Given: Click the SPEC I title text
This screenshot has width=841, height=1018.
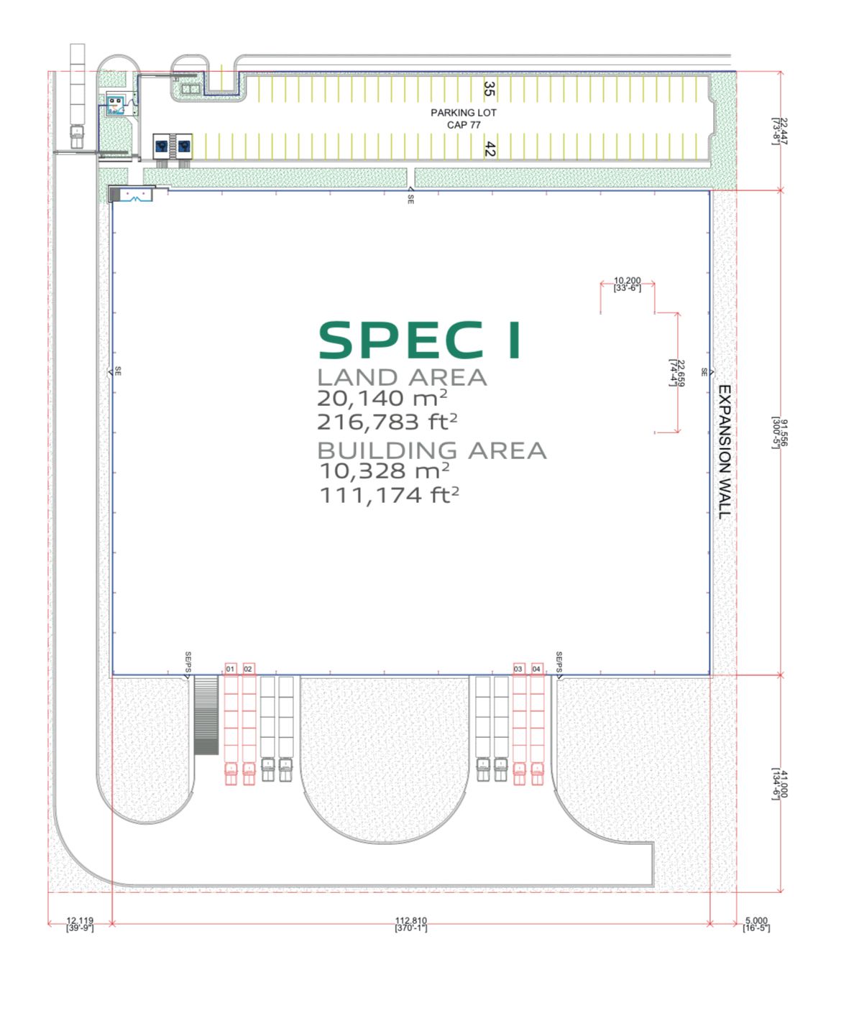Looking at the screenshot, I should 420,340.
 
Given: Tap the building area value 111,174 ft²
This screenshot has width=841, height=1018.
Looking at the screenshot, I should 389,495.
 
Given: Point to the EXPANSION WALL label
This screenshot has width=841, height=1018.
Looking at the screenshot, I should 725,451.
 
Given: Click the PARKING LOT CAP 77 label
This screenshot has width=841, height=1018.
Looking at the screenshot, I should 464,119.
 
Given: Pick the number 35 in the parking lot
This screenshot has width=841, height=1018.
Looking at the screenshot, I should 489,89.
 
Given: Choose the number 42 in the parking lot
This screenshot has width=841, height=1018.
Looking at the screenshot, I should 490,149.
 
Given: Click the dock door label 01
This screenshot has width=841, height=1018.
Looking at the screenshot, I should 230,669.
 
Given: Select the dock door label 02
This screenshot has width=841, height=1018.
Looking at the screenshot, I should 248,669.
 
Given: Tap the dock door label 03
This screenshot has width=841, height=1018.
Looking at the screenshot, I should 518,669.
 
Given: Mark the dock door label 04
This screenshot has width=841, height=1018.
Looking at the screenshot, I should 536,669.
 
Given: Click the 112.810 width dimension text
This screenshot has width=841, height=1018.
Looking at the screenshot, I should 410,924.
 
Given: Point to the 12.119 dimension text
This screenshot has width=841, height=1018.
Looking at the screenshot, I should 80,924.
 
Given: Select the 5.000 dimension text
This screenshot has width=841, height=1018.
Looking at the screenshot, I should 756,924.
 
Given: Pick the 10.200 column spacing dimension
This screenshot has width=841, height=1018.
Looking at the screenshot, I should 627,284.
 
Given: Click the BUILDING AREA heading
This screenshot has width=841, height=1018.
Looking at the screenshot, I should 432,450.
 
